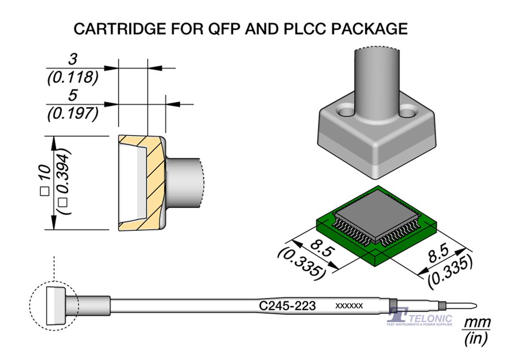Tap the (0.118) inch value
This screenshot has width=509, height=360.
[73, 77]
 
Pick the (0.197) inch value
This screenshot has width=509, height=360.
[73, 114]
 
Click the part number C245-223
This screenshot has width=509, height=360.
[288, 306]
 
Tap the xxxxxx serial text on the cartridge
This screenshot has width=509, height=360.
[349, 306]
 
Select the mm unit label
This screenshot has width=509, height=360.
[477, 322]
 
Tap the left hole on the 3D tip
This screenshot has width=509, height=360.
[347, 113]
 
